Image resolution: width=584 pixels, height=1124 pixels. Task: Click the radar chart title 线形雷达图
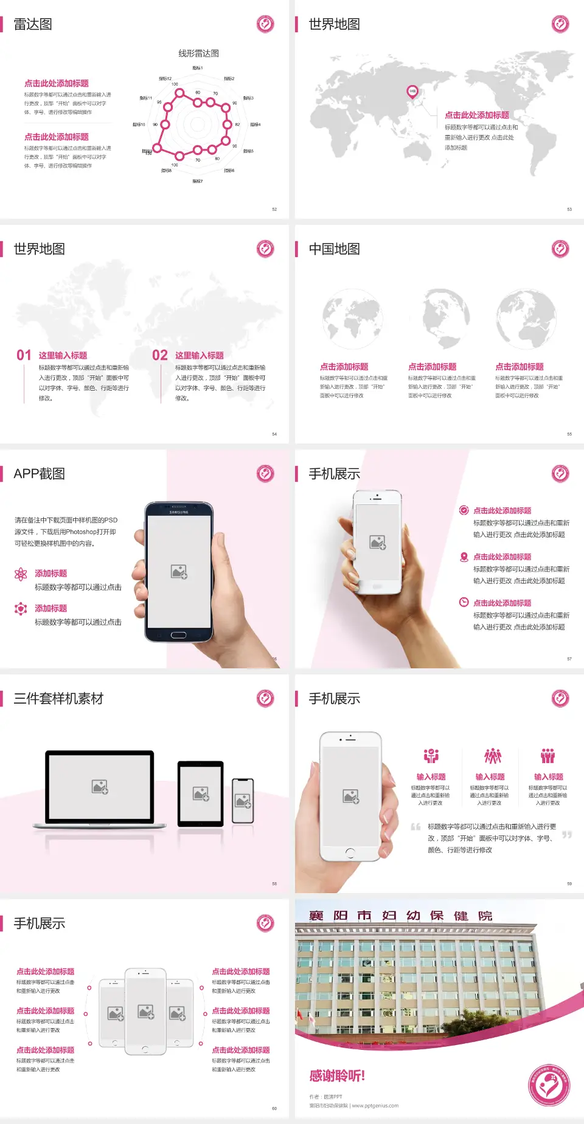tap(198, 53)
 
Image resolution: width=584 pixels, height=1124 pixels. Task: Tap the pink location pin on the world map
tap(412, 92)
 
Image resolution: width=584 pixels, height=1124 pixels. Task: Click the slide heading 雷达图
tap(33, 24)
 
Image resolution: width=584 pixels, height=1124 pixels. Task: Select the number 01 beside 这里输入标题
tap(24, 355)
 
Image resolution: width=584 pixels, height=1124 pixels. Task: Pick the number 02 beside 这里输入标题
tap(160, 355)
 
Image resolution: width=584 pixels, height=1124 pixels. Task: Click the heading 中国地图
tap(334, 249)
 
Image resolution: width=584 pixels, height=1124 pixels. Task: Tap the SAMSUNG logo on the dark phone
tap(179, 512)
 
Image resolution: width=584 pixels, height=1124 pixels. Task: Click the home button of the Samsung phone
tap(178, 635)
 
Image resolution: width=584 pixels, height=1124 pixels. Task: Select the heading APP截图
tap(39, 474)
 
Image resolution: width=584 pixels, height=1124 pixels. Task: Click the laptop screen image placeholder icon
tap(100, 787)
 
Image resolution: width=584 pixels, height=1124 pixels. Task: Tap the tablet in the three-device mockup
tap(201, 793)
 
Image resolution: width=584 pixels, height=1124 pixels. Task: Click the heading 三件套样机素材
tap(58, 699)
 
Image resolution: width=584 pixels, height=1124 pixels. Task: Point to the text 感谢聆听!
tap(337, 1076)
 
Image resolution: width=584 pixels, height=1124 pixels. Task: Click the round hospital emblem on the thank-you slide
tap(549, 1085)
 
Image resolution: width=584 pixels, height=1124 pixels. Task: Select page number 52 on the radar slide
tap(274, 209)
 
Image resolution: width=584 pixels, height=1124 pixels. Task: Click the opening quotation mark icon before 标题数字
tap(415, 826)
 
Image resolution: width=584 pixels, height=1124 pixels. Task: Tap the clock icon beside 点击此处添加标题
tap(464, 602)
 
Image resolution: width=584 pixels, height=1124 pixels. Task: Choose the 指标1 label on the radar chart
tap(198, 68)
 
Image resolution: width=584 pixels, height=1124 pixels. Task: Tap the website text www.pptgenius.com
tap(375, 1106)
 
